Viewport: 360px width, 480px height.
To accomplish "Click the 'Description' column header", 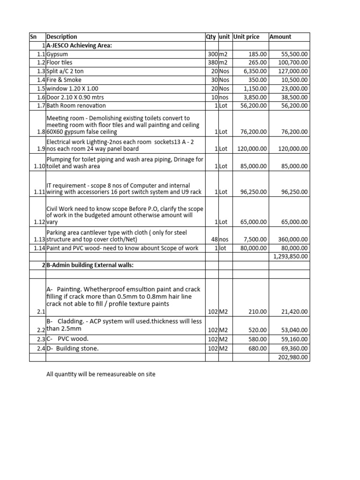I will click(62, 37).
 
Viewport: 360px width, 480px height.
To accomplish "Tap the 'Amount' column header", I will click(280, 37).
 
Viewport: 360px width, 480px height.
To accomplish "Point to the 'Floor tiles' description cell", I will click(60, 62).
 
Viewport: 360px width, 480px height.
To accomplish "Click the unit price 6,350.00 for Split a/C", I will click(255, 71).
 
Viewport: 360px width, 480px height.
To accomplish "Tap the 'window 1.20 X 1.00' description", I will click(73, 89).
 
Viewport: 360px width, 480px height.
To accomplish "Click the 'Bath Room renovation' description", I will click(76, 106).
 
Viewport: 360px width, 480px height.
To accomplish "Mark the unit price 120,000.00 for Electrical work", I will click(251, 149).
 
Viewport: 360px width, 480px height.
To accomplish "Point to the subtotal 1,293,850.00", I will click(291, 256).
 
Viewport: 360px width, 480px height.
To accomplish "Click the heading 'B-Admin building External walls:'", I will click(89, 265).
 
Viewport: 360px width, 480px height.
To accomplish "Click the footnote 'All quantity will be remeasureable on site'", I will click(101, 374).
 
